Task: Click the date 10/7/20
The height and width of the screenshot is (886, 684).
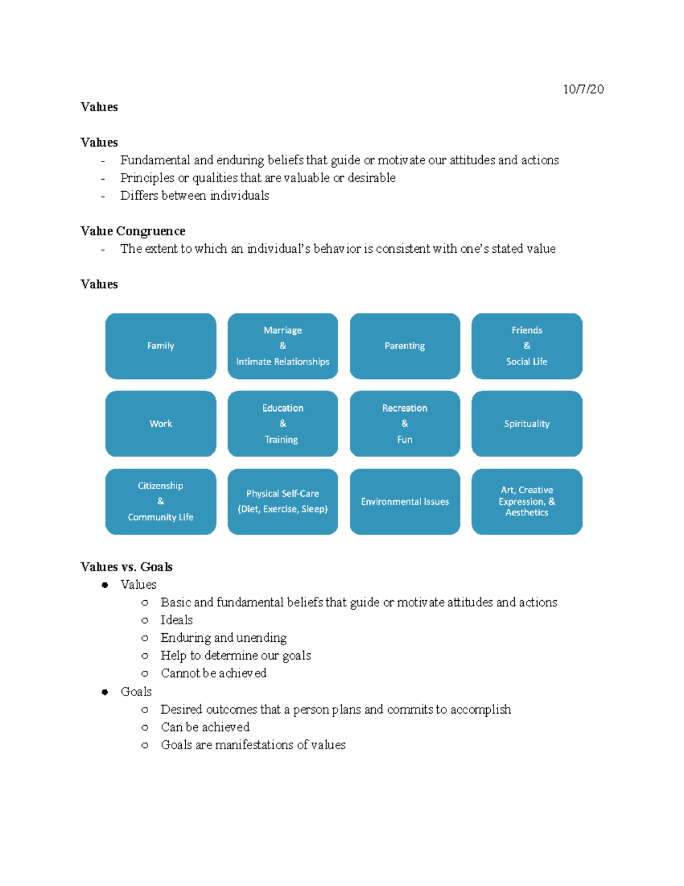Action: coord(583,89)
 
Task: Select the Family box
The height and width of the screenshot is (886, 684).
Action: coord(161,346)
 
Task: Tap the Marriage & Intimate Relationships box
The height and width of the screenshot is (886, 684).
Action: coord(283,346)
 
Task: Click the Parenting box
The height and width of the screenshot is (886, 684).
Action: coord(405,346)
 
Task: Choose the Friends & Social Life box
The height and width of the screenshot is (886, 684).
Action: coord(527,346)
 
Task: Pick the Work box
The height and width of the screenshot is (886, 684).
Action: coord(161,423)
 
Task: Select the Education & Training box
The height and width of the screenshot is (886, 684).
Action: coord(283,423)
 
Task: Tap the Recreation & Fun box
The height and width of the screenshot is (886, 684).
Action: coord(405,423)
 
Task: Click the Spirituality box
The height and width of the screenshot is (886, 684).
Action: coord(527,423)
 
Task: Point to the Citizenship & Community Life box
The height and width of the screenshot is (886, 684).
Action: coord(161,501)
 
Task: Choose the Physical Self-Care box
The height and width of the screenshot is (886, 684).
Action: coord(283,501)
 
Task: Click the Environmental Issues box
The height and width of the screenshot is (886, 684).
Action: coord(405,501)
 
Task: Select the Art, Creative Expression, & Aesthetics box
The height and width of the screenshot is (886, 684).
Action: coord(527,501)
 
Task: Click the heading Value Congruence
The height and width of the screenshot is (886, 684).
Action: coord(133,231)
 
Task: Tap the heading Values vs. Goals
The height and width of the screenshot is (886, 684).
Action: coord(127,567)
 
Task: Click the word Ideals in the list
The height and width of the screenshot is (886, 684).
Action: coord(177,620)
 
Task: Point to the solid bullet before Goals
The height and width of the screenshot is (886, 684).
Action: coord(105,692)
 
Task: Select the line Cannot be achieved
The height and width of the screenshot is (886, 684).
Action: coord(213,673)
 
